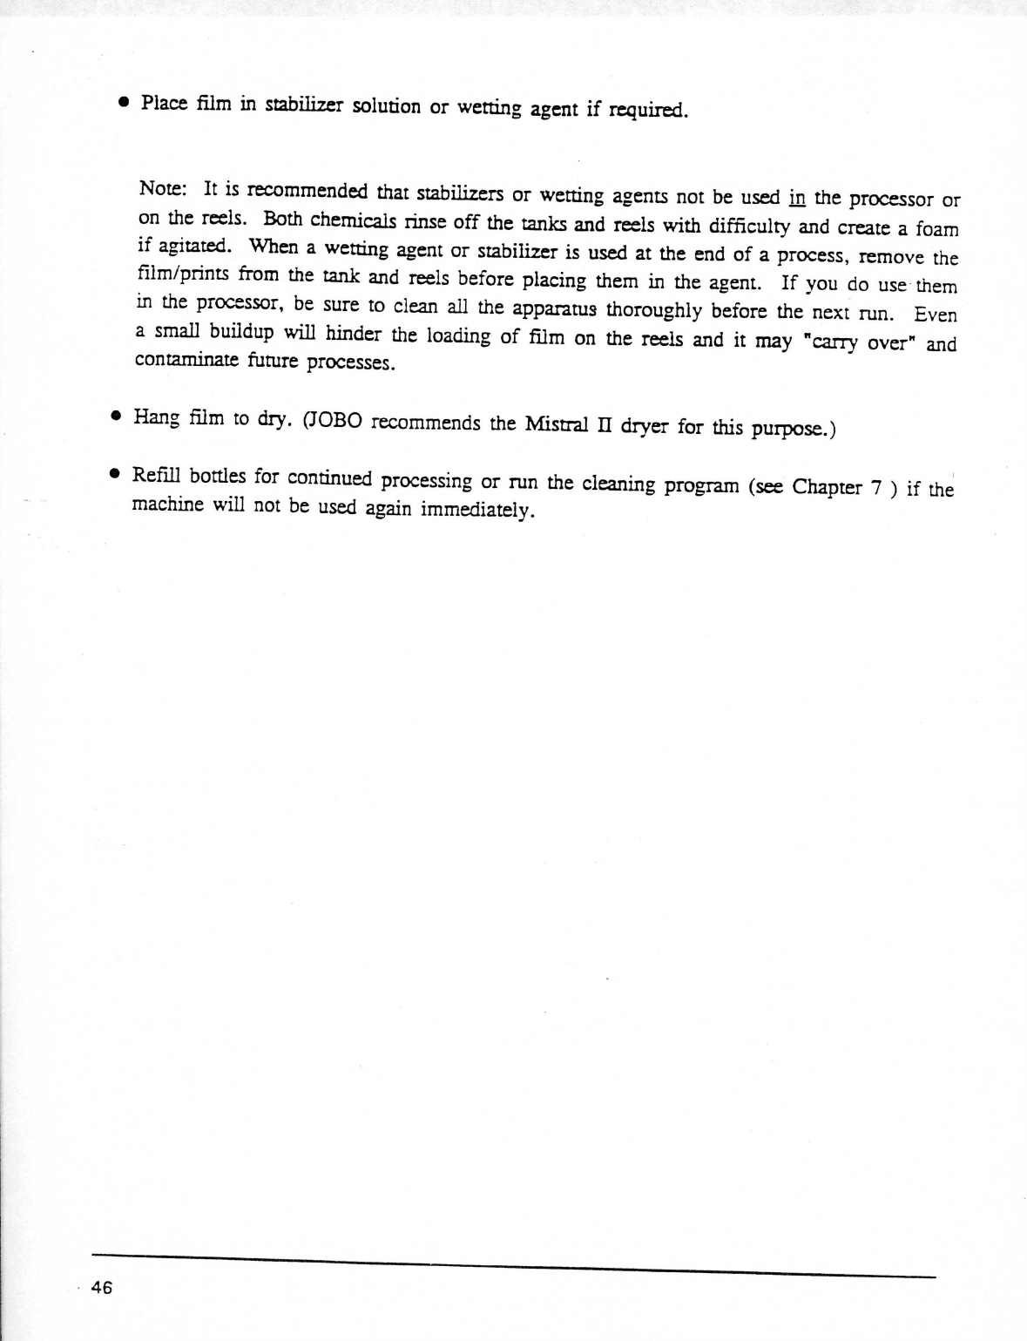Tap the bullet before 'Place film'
tap(125, 102)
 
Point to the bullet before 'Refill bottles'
tap(114, 475)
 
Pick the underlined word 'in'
tap(796, 197)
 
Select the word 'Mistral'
tap(557, 425)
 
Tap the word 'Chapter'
tap(827, 487)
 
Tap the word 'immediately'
tap(476, 509)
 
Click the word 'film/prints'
tap(184, 275)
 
